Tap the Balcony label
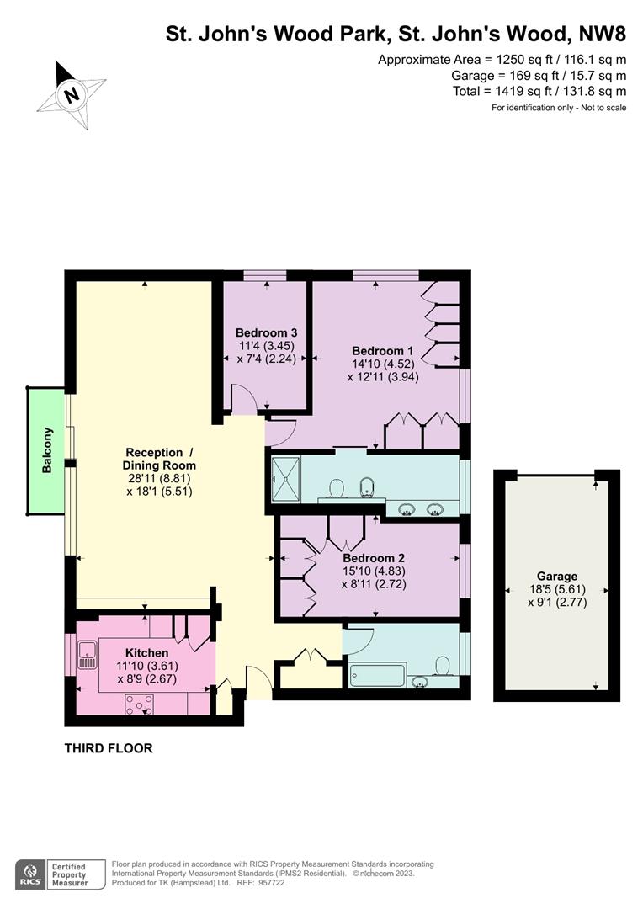pyautogui.click(x=47, y=449)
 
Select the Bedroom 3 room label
pyautogui.click(x=266, y=332)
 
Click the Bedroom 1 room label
pyautogui.click(x=383, y=351)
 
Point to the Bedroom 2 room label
pyautogui.click(x=374, y=558)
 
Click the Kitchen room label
pyautogui.click(x=146, y=653)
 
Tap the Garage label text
pyautogui.click(x=557, y=577)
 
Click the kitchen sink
pyautogui.click(x=87, y=655)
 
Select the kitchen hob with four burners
pyautogui.click(x=140, y=704)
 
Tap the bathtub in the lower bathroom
pyautogui.click(x=377, y=676)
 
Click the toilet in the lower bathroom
pyautogui.click(x=444, y=666)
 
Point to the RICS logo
pyautogui.click(x=30, y=874)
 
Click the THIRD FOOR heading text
pyautogui.click(x=109, y=748)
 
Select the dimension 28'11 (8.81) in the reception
pyautogui.click(x=159, y=478)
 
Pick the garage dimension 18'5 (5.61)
pyautogui.click(x=557, y=589)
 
